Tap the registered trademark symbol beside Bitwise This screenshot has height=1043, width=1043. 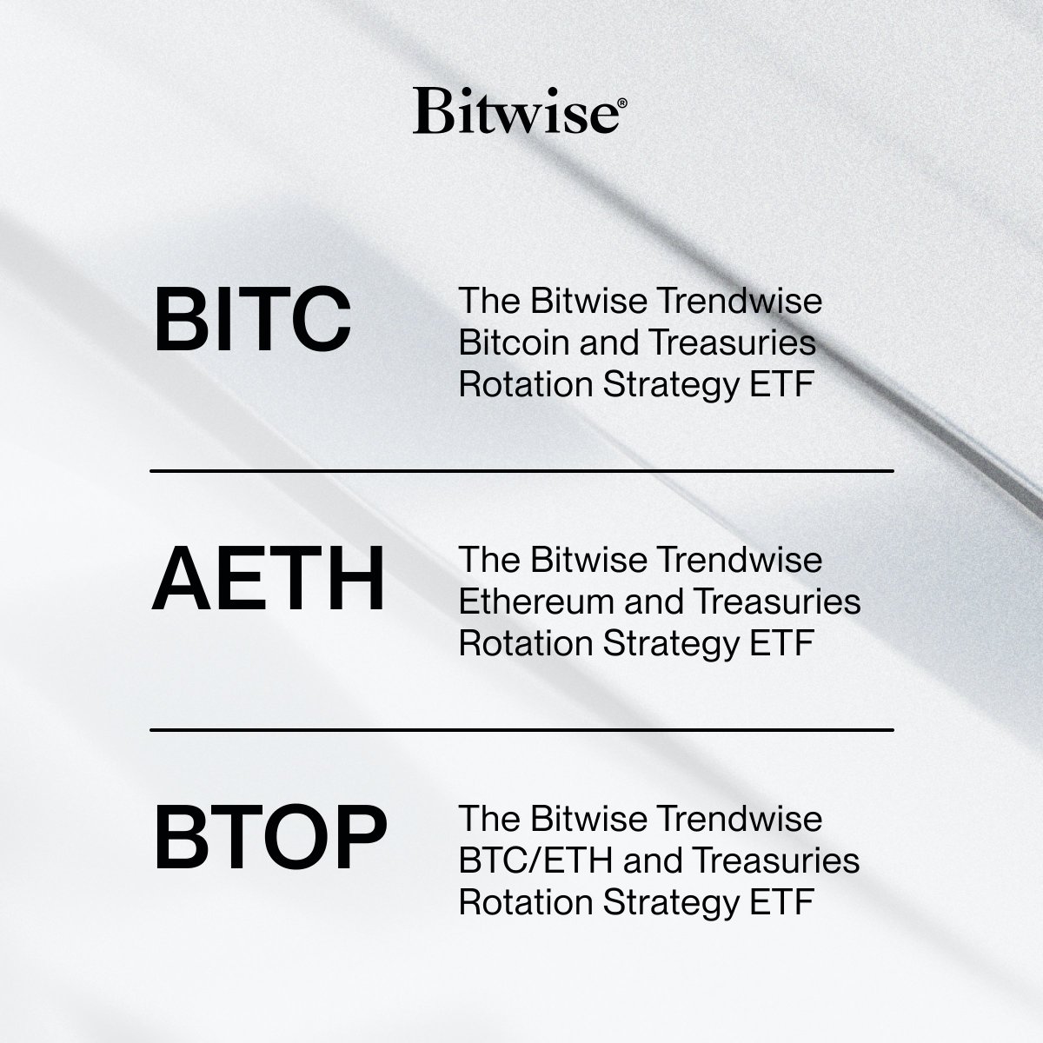click(618, 101)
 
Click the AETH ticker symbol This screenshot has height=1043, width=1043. click(268, 580)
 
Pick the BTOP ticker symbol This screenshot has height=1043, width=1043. click(270, 840)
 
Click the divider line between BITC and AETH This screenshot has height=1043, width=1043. click(521, 471)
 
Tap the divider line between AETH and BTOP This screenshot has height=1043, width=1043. click(521, 729)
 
